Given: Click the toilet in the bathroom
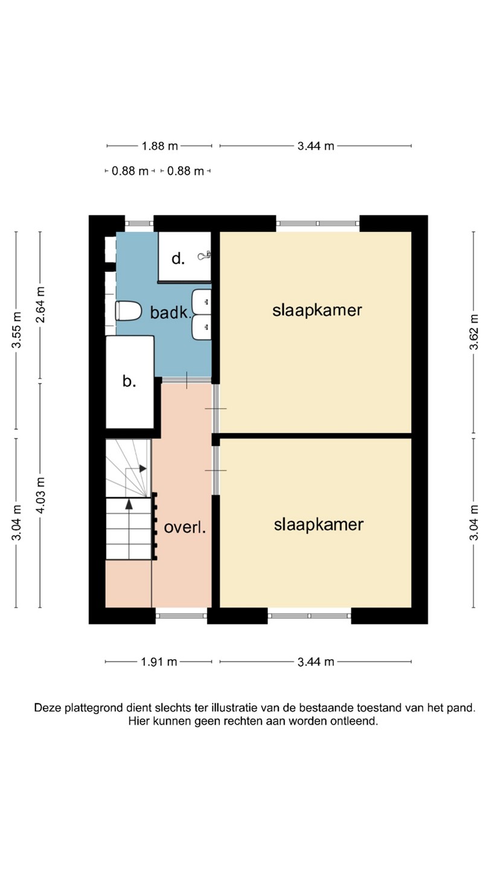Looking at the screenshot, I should [x=126, y=311].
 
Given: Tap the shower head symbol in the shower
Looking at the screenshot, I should [x=203, y=256].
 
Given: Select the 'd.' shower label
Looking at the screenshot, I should [x=177, y=259].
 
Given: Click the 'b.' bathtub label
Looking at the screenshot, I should [x=129, y=381].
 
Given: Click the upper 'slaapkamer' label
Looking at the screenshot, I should [x=317, y=310].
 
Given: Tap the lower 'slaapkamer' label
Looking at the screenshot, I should [x=318, y=524].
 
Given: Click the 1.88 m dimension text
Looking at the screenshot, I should [x=159, y=145].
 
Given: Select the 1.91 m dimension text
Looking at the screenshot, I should [x=159, y=662].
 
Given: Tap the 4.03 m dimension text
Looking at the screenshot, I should [x=40, y=495].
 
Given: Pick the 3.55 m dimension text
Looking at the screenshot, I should [x=17, y=331].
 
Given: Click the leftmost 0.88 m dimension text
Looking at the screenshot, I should [x=130, y=171].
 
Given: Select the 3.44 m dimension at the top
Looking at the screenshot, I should [x=316, y=145].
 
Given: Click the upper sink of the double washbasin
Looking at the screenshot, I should [x=202, y=300].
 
